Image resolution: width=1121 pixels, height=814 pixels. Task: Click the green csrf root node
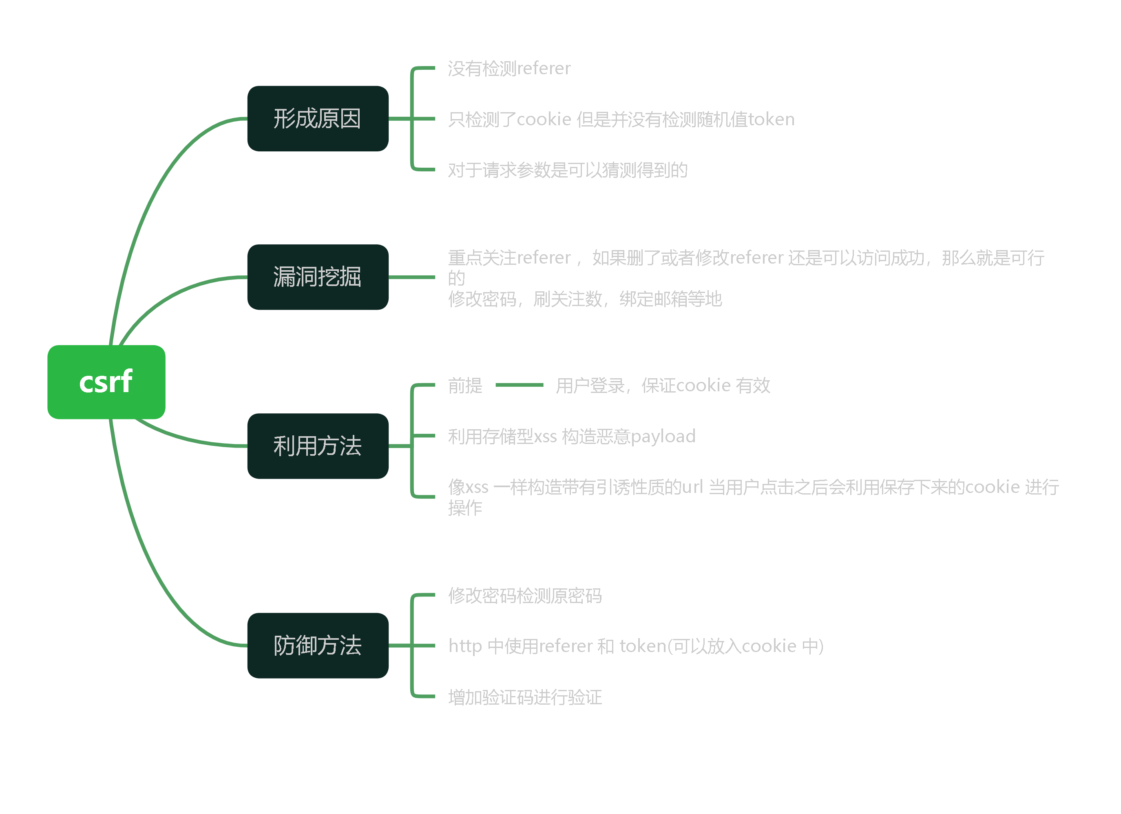(106, 382)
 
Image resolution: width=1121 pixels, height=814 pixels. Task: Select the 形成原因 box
(318, 119)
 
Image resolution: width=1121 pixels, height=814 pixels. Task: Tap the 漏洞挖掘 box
(318, 277)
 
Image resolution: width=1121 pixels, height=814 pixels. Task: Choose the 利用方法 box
(318, 446)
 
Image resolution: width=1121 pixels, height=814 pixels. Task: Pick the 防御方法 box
(318, 645)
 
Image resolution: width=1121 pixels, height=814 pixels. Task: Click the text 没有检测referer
(509, 68)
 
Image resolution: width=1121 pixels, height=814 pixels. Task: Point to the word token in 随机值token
(771, 119)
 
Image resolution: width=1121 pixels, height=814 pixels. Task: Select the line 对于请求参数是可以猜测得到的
(567, 170)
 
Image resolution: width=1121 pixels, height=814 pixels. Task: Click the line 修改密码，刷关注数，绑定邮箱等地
(585, 299)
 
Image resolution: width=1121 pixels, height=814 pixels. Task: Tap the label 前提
(465, 385)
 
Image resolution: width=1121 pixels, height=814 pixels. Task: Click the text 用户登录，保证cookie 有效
(663, 385)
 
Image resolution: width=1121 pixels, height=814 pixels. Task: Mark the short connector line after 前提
(519, 385)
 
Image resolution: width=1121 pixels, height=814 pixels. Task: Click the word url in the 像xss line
(692, 487)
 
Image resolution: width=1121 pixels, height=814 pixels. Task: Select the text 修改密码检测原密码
(525, 595)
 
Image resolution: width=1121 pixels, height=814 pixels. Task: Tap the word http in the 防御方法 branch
(465, 646)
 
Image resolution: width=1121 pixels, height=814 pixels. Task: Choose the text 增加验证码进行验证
(525, 697)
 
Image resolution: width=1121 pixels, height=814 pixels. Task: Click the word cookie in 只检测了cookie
(544, 119)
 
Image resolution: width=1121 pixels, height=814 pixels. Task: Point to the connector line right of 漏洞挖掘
(412, 277)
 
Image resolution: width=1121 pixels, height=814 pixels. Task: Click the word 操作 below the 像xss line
(465, 508)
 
